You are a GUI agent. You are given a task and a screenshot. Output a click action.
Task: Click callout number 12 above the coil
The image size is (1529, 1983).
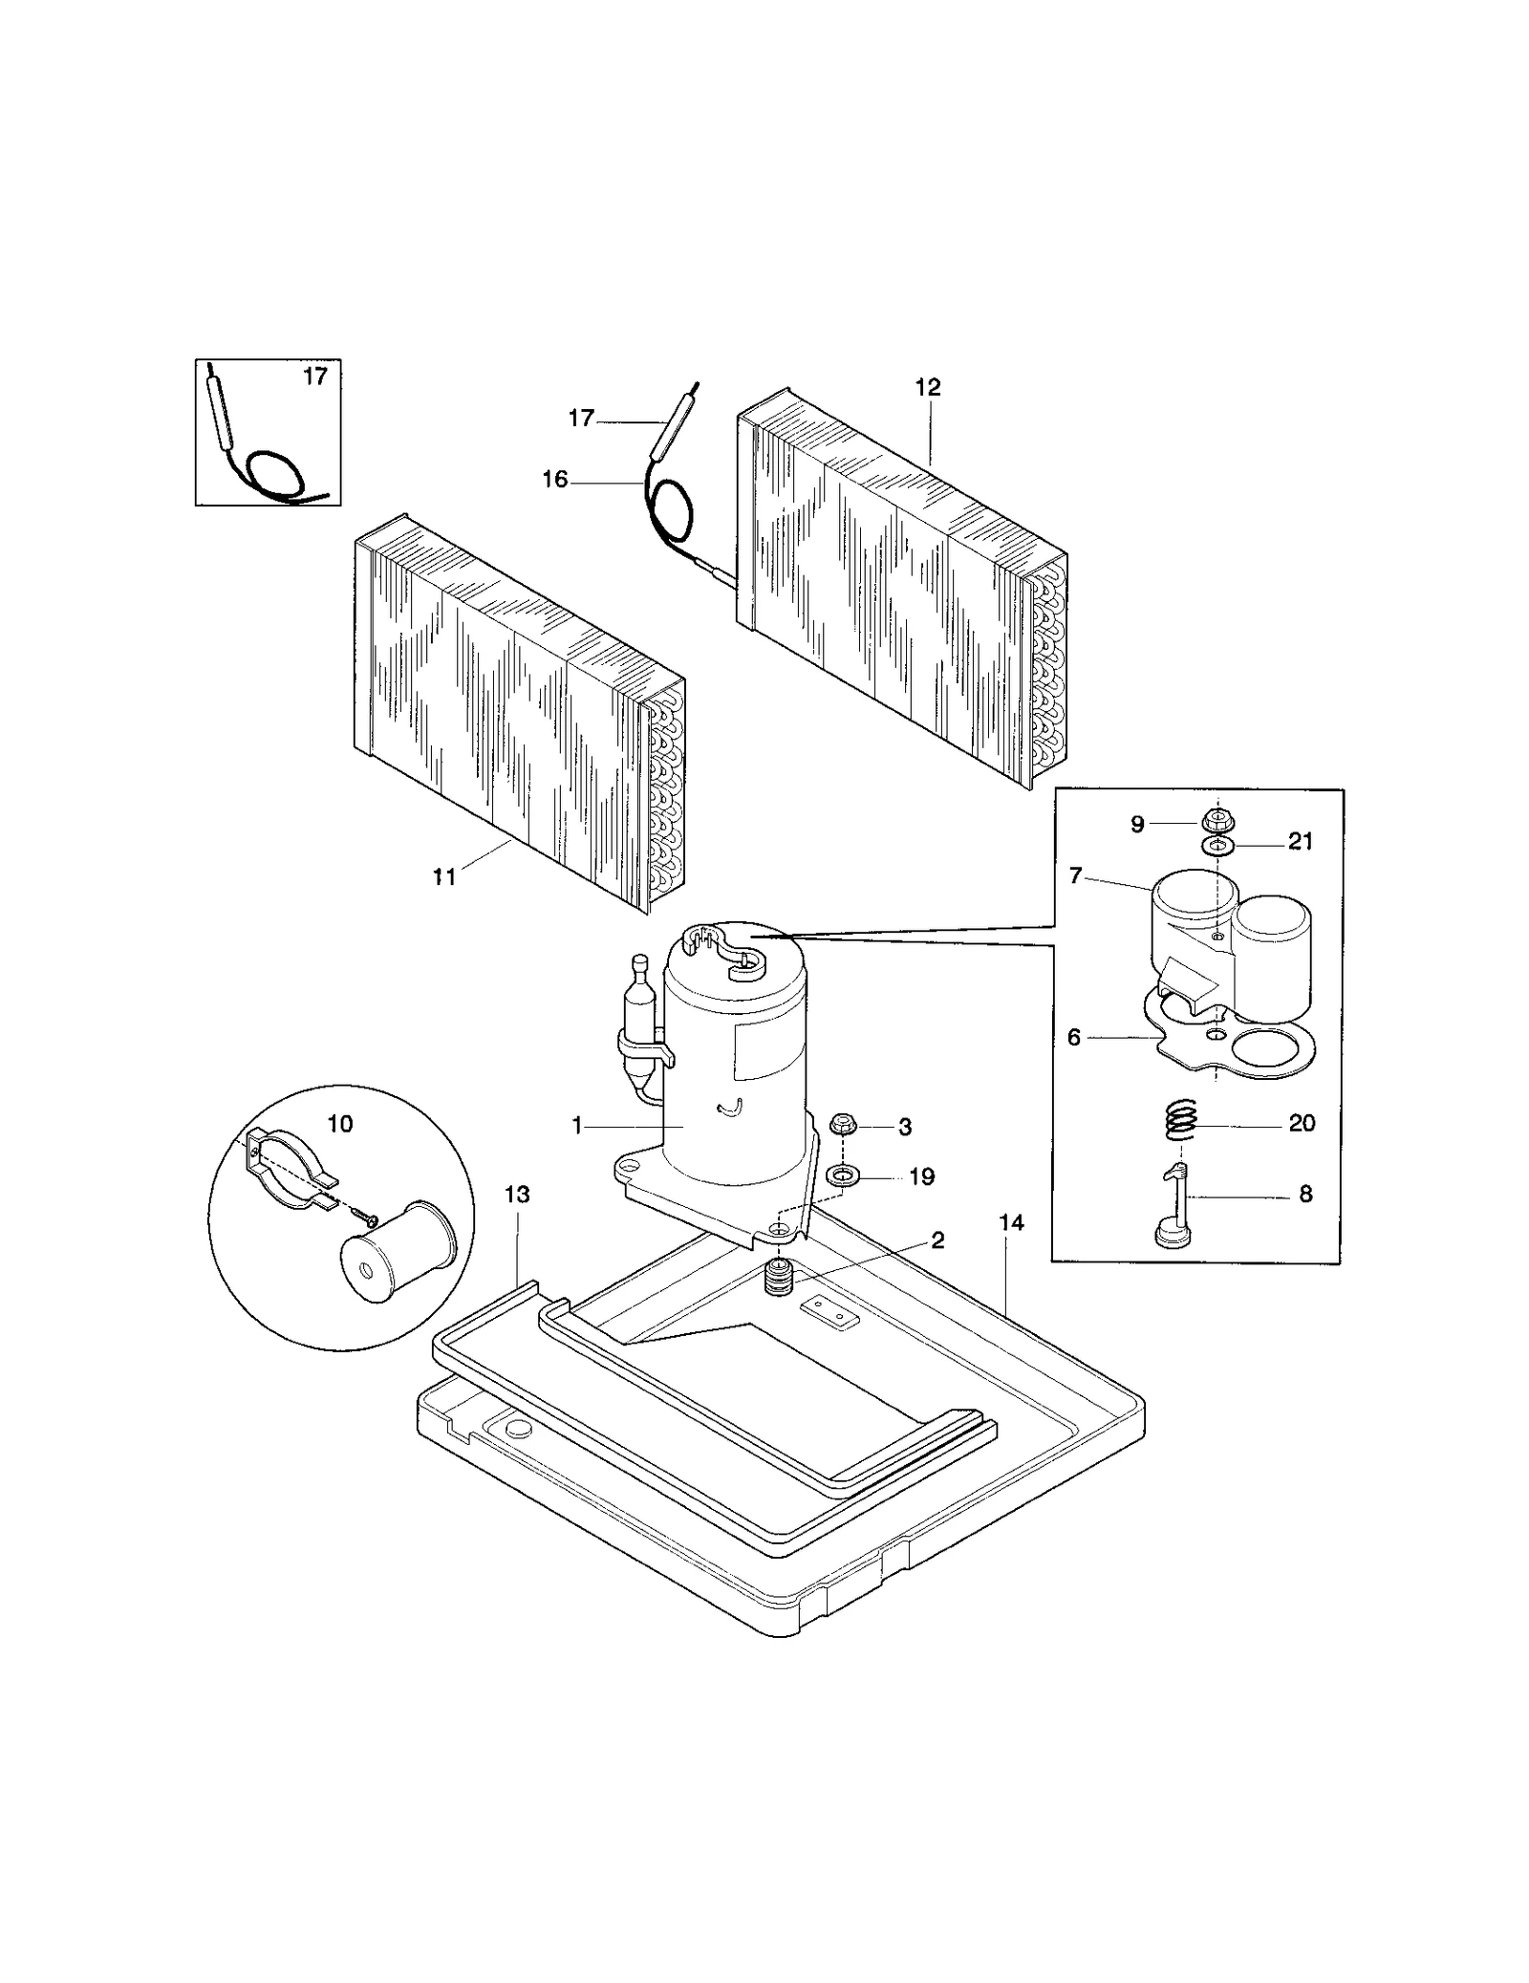coord(927,388)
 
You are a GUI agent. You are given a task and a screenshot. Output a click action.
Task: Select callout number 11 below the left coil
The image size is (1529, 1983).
coord(443,875)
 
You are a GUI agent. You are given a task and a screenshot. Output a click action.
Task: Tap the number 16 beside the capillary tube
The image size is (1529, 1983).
coord(555,480)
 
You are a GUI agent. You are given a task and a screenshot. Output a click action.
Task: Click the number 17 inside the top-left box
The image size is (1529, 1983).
coord(315,377)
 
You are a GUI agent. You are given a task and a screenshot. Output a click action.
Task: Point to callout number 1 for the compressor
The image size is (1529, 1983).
coord(577,1127)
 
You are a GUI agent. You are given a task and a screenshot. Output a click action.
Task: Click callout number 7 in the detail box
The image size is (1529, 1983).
coord(1075,875)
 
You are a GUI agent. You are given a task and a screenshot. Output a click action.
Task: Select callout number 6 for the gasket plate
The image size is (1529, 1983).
coord(1073,1037)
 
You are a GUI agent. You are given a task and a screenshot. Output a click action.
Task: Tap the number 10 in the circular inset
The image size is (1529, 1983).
coord(340,1124)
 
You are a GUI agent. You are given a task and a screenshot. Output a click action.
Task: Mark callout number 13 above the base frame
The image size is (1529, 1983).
coord(517,1195)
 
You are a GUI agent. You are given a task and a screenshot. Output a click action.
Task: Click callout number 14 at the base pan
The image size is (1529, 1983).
coord(1011,1222)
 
